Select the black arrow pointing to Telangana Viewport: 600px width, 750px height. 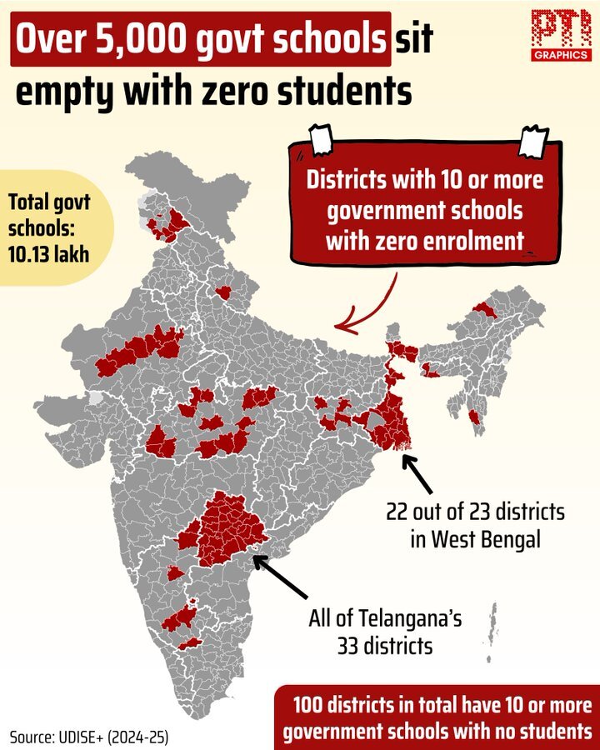(281, 576)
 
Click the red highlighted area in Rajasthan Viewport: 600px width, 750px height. (142, 351)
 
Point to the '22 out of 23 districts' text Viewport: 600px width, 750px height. (475, 511)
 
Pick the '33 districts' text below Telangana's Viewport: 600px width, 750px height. (385, 645)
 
